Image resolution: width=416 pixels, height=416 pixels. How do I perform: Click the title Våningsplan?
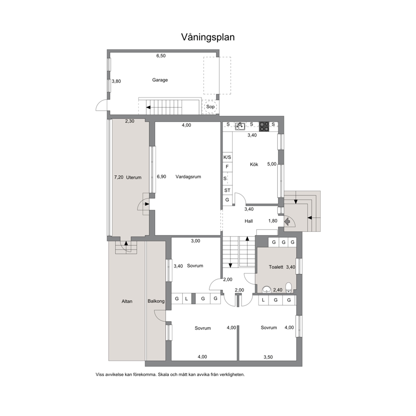[208, 37]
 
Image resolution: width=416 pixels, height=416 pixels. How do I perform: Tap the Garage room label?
[160, 80]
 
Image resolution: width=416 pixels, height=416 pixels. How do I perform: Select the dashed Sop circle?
[211, 107]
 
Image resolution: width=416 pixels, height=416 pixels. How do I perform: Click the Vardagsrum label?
[188, 177]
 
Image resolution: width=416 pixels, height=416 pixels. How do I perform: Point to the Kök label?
[254, 164]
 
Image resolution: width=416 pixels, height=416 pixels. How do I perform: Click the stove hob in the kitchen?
[264, 126]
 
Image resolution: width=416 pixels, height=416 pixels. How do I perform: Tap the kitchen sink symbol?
[240, 126]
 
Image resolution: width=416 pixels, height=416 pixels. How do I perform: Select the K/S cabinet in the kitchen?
[227, 157]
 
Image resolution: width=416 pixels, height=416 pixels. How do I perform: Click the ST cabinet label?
[227, 190]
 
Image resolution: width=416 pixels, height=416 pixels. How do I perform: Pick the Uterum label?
[134, 177]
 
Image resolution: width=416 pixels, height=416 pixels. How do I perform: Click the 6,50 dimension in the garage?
[161, 56]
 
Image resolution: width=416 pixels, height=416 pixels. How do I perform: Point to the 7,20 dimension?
[119, 177]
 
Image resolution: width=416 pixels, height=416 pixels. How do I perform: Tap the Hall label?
[249, 221]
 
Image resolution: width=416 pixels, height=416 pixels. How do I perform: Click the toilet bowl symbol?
[289, 288]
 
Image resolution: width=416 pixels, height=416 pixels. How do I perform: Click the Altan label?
[127, 302]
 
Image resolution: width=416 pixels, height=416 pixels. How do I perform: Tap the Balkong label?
[156, 302]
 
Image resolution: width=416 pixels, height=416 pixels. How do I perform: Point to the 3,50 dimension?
[268, 357]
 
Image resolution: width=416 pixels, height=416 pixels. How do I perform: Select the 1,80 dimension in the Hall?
[273, 221]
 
